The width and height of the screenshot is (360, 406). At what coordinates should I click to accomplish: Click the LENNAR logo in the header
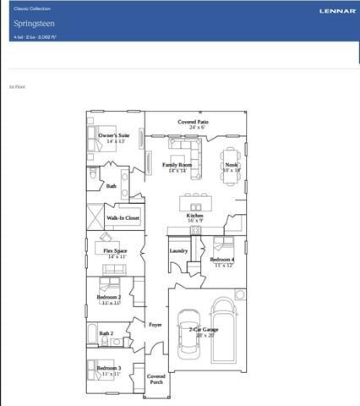click(x=337, y=11)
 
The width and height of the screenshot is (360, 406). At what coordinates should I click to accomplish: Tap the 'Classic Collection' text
click(x=32, y=8)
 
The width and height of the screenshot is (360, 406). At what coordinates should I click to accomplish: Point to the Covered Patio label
click(x=193, y=123)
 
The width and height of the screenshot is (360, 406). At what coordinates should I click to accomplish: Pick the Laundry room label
click(x=178, y=250)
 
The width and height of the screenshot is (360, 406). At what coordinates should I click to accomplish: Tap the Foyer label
click(x=155, y=324)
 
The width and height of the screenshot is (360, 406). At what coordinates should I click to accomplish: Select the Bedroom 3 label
click(x=109, y=368)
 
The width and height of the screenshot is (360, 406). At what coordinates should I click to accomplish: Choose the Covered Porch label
click(x=156, y=378)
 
